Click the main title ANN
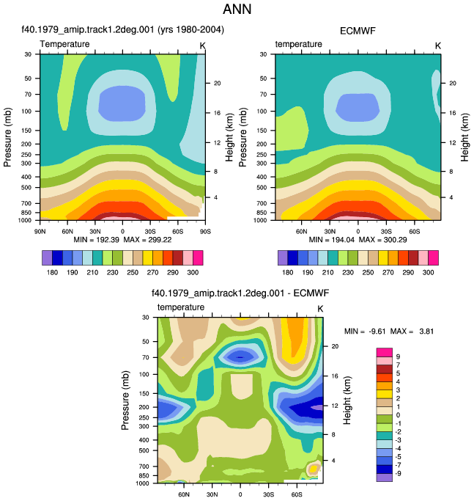point(237,10)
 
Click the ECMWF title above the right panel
point(358,31)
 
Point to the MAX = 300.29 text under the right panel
point(382,240)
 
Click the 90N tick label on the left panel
point(40,231)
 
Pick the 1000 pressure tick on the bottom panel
point(142,483)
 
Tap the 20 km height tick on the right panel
point(452,83)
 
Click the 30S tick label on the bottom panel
point(268,494)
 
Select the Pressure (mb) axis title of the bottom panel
point(125,400)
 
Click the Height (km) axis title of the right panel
point(464,137)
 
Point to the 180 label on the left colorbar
point(52,272)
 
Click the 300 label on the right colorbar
point(428,272)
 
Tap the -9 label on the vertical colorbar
point(398,473)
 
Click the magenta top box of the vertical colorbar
point(385,352)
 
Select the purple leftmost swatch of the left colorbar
point(47,258)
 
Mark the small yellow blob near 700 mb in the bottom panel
point(313,469)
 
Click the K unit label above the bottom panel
point(320,309)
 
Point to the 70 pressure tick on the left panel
point(28,94)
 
